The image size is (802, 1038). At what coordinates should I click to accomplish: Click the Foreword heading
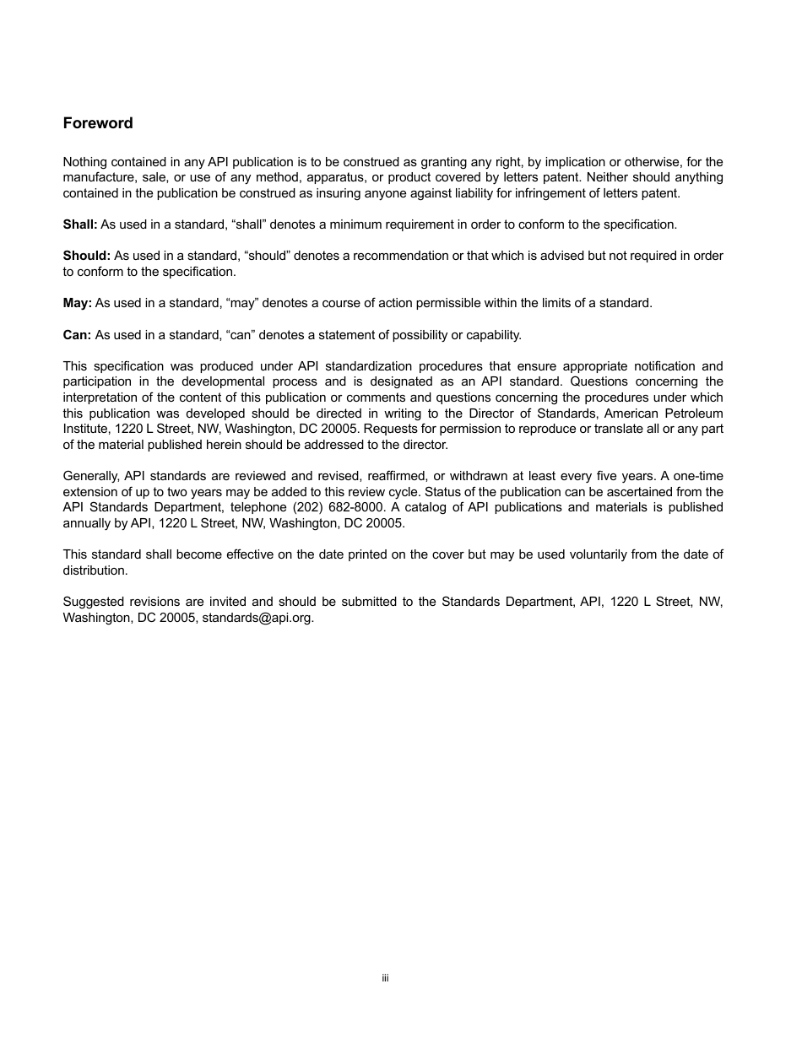click(x=98, y=123)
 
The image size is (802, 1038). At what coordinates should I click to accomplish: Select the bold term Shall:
click(x=80, y=224)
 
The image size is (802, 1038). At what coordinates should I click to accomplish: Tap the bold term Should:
click(x=86, y=256)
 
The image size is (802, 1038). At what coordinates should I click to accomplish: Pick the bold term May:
click(x=77, y=303)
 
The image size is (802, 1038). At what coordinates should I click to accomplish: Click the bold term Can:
click(x=77, y=335)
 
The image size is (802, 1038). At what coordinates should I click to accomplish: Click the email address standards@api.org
click(x=257, y=618)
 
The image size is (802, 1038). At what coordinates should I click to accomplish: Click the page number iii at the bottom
click(x=385, y=978)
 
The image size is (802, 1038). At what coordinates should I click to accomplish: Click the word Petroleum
click(x=695, y=414)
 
